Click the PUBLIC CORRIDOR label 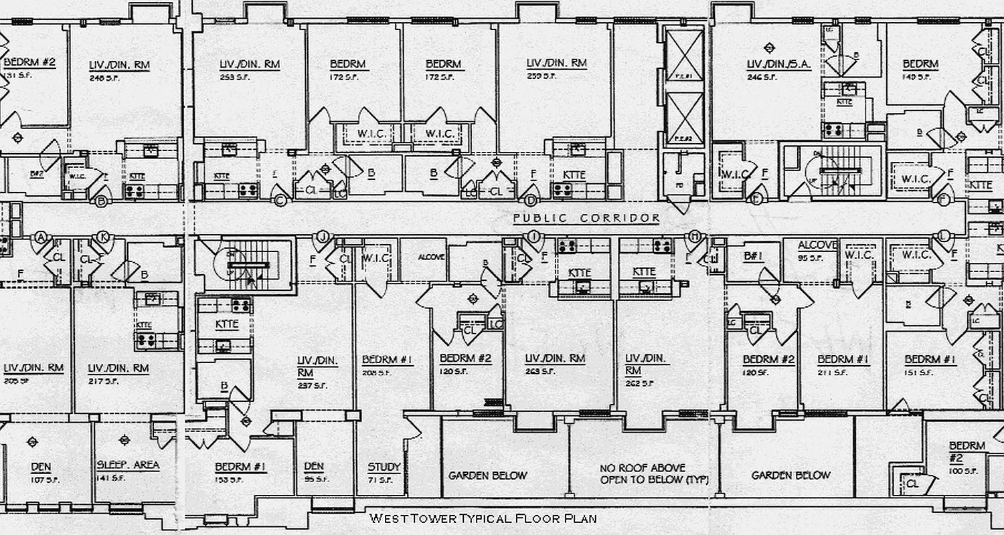586,219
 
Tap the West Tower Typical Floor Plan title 483,518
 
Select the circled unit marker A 41,237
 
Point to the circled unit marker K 103,237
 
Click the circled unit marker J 323,236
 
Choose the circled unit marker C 280,199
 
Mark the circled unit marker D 531,199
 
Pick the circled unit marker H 695,236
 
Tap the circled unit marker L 944,236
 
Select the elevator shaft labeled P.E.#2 682,120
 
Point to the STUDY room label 384,467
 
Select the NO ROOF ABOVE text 643,469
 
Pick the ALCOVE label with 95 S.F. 817,245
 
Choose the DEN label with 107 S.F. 41,467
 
